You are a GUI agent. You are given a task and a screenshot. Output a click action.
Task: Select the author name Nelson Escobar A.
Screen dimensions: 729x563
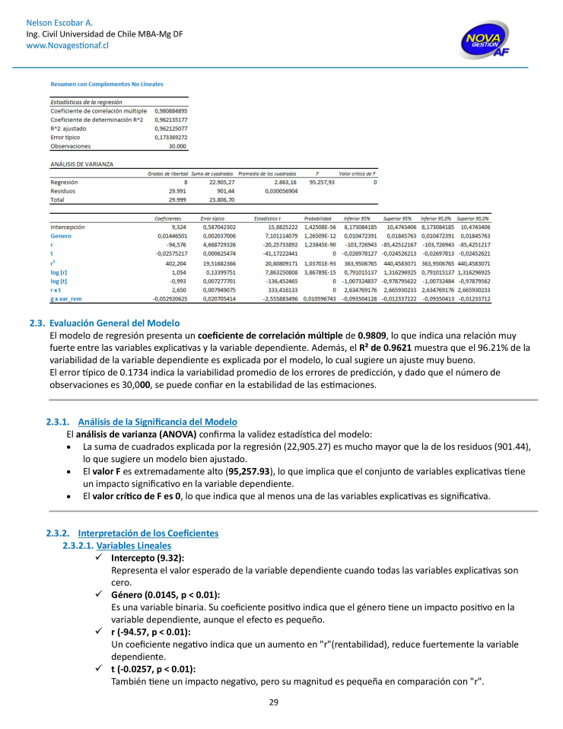(60, 24)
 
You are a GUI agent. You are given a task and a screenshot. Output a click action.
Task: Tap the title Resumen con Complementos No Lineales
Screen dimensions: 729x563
(107, 84)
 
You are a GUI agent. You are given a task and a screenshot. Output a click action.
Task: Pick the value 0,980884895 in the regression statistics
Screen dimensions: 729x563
(170, 111)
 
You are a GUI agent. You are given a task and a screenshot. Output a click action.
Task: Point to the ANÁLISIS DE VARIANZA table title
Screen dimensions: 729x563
(81, 164)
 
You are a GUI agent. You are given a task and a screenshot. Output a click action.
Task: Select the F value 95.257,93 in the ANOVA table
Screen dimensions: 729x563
(321, 183)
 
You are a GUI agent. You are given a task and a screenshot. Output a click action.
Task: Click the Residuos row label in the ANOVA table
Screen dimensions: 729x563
(64, 191)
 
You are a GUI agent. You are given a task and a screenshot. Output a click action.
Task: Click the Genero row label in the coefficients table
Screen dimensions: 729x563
(61, 236)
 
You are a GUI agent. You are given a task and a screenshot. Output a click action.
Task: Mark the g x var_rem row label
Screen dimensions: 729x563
(66, 299)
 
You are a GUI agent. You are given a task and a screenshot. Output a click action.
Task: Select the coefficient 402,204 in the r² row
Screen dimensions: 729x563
(175, 263)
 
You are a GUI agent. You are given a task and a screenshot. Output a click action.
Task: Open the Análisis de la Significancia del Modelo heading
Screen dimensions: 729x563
(157, 422)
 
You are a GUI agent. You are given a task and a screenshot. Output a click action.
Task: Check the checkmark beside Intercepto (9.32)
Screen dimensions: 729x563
(100, 558)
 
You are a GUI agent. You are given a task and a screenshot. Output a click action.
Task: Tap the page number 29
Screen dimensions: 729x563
(274, 702)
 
